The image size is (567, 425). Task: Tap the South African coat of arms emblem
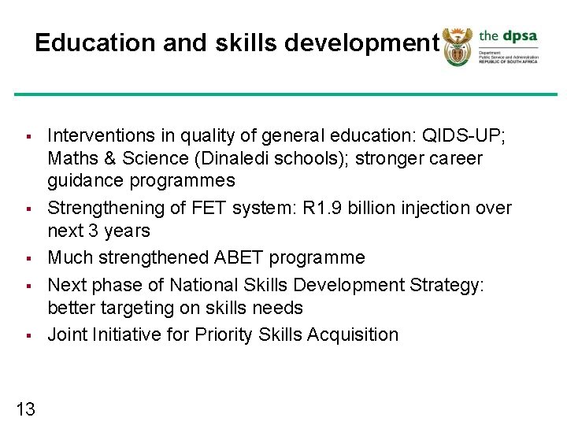tap(456, 46)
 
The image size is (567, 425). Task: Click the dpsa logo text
tap(509, 36)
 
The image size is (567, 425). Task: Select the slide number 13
tap(25, 408)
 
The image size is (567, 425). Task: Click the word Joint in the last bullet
tap(67, 334)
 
